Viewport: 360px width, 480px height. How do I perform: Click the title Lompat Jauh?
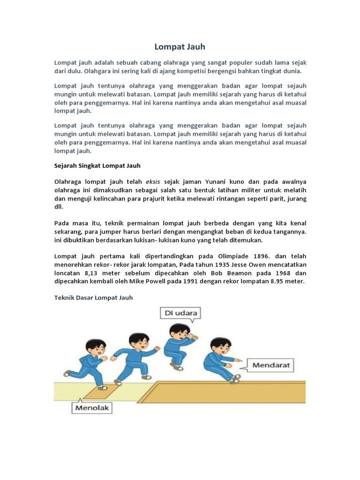pyautogui.click(x=180, y=47)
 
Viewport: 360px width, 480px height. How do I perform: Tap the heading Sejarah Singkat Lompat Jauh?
pyautogui.click(x=97, y=165)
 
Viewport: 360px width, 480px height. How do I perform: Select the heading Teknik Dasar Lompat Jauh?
pyautogui.click(x=94, y=297)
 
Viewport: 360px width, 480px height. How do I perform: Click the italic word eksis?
pyautogui.click(x=153, y=181)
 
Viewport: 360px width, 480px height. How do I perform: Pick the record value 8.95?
pyautogui.click(x=274, y=281)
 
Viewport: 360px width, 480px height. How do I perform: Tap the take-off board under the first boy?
pyautogui.click(x=107, y=389)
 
